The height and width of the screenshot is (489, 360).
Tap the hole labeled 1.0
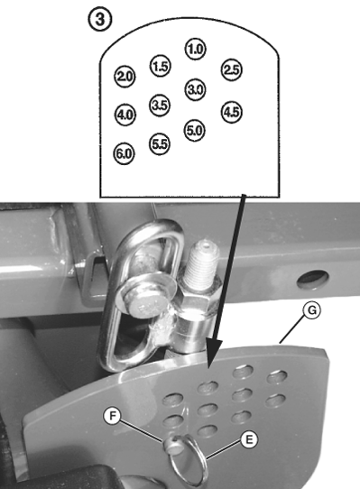click(196, 48)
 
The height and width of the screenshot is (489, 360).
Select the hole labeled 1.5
click(161, 66)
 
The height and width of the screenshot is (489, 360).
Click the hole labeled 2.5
click(232, 69)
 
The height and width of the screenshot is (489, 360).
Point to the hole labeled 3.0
click(196, 88)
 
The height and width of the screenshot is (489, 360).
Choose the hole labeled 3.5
click(161, 105)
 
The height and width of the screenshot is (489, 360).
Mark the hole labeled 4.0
click(125, 115)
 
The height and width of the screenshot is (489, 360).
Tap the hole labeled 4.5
click(231, 113)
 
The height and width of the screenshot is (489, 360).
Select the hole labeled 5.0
click(196, 129)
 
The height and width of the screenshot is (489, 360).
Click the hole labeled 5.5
click(161, 144)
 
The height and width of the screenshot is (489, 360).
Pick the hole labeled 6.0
click(125, 153)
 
